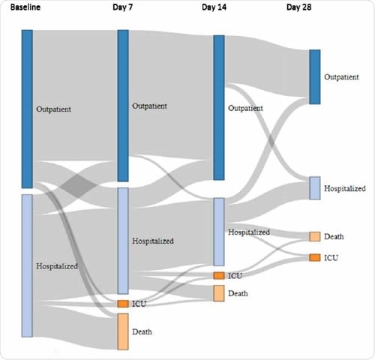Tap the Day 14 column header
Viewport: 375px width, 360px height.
(x=217, y=7)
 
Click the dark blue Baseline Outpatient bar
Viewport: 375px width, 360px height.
(x=27, y=109)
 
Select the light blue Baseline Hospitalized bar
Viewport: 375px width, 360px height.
(x=27, y=265)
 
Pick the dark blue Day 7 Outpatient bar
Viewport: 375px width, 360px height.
(x=123, y=106)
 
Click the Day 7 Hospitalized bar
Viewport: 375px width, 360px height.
(x=123, y=241)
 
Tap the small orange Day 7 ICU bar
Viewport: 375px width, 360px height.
(x=123, y=304)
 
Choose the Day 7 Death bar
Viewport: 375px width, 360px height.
(x=123, y=331)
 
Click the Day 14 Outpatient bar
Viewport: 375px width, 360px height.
(x=219, y=107)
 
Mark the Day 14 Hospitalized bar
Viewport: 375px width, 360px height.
(x=219, y=232)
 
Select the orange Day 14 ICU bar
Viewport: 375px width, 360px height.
(x=219, y=276)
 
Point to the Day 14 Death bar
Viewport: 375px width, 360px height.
(x=219, y=293)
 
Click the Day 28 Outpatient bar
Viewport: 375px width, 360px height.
(x=315, y=76)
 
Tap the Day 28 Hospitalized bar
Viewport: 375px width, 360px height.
(x=315, y=188)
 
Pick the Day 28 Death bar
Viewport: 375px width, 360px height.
(x=315, y=237)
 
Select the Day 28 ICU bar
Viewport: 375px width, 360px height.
(x=315, y=257)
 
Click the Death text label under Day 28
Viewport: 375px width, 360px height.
(x=334, y=237)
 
